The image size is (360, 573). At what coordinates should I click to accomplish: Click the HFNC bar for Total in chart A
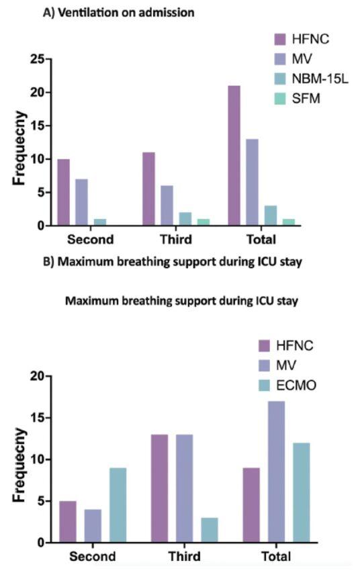(x=234, y=155)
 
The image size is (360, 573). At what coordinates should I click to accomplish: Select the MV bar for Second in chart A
(x=81, y=202)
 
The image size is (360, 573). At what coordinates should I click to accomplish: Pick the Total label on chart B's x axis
(x=276, y=556)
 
